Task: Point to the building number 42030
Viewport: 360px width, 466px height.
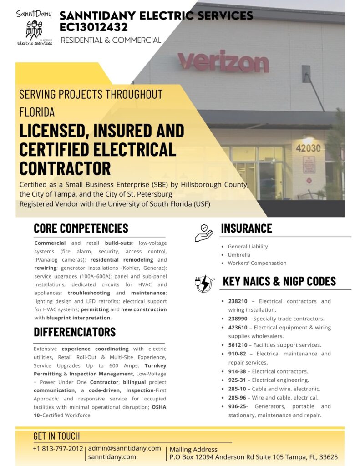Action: coord(308,148)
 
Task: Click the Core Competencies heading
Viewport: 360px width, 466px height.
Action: coord(81,228)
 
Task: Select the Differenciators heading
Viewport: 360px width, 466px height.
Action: coord(75,332)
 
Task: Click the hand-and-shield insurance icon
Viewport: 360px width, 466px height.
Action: coord(203,233)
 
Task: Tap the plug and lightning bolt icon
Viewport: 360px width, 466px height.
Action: coord(204,283)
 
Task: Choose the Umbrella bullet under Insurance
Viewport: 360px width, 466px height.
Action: coord(239,255)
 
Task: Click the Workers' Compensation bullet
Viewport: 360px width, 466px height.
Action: coord(257,263)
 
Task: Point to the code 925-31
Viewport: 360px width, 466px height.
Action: coord(238,380)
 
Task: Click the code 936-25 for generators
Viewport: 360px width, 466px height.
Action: coord(238,406)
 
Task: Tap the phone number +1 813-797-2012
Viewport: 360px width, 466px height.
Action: coord(58,449)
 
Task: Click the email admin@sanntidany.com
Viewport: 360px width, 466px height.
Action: coord(124,448)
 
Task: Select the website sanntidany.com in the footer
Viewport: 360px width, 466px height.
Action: coord(112,456)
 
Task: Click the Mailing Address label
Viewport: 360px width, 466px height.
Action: coord(193,450)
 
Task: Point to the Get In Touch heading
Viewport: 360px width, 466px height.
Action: coord(56,436)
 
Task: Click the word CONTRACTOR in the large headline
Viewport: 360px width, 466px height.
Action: coord(65,168)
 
